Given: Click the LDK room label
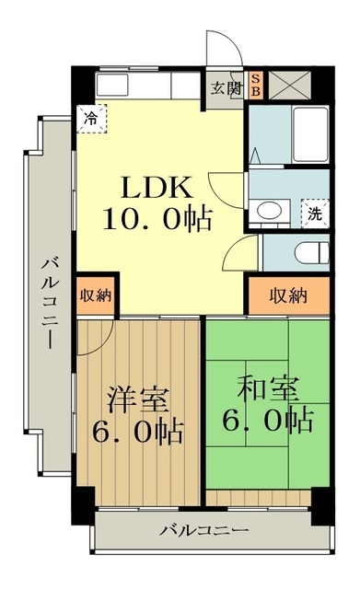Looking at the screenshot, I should tap(157, 186).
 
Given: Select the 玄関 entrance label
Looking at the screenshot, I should tap(225, 88).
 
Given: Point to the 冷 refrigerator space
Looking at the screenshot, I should tap(91, 118).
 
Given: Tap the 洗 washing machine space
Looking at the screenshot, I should tap(315, 214).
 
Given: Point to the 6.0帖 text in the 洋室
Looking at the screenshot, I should tap(138, 431).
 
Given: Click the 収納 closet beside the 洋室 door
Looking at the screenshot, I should tap(95, 295).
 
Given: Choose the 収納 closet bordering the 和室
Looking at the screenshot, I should tap(287, 295).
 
